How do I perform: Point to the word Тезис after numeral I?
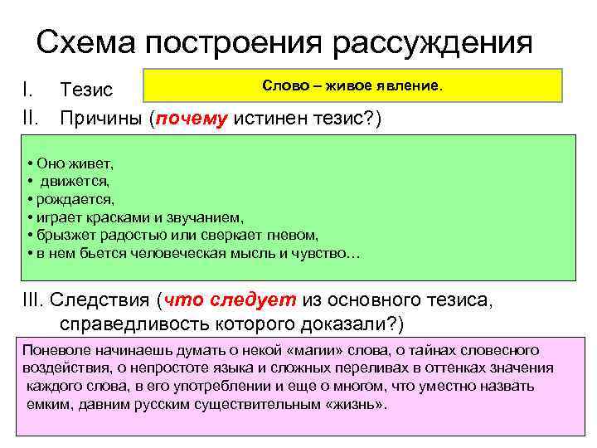(92, 88)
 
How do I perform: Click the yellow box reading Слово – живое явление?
(352, 85)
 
